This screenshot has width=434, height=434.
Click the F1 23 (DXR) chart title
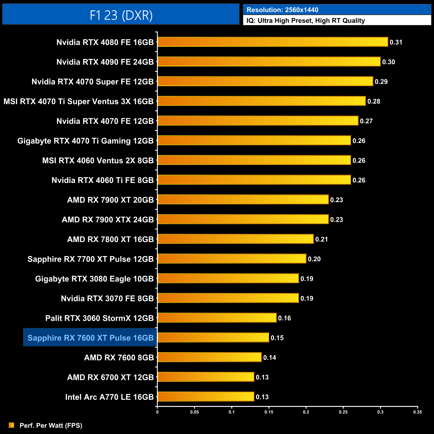(121, 15)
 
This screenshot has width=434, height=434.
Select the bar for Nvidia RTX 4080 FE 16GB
(272, 42)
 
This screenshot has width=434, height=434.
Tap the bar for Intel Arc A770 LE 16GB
(206, 397)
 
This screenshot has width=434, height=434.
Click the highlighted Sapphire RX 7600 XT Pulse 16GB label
(90, 338)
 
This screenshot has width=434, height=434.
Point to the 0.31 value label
(396, 42)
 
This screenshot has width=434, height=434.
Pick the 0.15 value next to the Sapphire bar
(277, 338)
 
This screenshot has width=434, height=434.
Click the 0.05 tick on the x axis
(194, 412)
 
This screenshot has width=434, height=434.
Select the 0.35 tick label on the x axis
(417, 412)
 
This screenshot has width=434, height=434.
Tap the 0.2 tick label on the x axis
(306, 412)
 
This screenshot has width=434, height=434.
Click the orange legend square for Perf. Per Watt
(12, 425)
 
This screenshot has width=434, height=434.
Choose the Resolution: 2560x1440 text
(282, 10)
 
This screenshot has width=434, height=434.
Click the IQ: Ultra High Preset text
(305, 21)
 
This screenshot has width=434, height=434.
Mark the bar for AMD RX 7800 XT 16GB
(235, 239)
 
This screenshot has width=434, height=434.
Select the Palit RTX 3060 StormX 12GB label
(99, 318)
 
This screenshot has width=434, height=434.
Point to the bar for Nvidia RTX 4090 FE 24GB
(269, 62)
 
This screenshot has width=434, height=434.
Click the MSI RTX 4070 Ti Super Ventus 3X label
(78, 101)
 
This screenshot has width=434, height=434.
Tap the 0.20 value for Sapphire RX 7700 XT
(314, 259)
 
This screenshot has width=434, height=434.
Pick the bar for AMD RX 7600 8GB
(209, 357)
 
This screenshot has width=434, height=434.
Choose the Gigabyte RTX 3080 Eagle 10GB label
(94, 279)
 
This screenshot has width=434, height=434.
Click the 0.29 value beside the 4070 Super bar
(381, 82)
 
